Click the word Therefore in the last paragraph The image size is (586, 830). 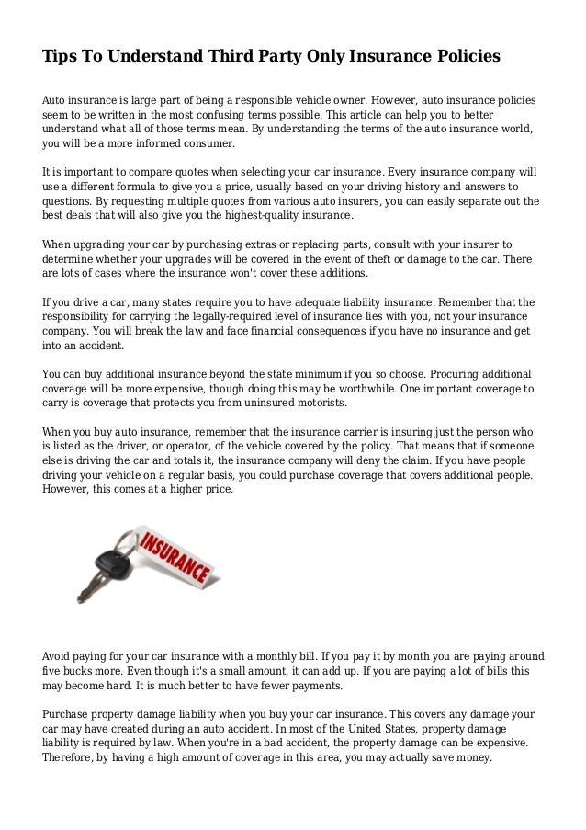point(70,758)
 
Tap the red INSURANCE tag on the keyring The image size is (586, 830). point(175,556)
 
